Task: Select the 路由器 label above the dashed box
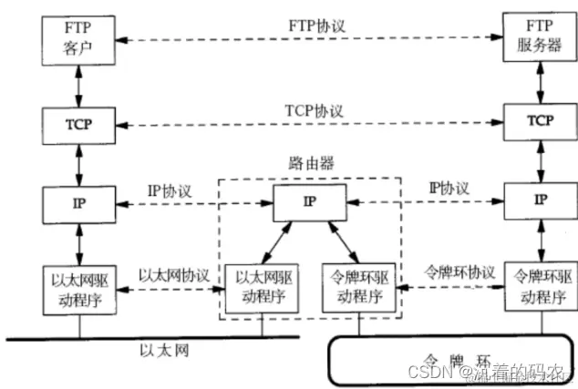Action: coord(309,167)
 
